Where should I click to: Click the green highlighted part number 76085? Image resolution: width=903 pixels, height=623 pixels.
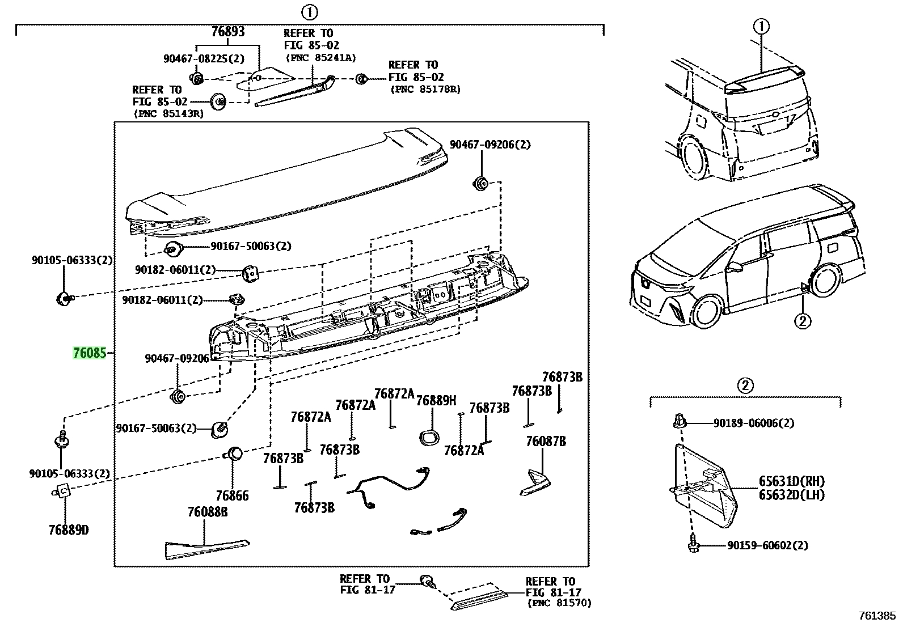pos(90,353)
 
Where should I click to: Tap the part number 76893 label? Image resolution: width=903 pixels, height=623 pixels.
pos(228,31)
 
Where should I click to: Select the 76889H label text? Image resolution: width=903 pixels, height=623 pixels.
pos(436,401)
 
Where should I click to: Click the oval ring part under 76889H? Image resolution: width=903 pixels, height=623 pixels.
pos(429,438)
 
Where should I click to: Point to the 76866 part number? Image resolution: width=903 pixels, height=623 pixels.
pos(232,495)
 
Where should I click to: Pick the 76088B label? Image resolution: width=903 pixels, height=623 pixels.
pos(208,512)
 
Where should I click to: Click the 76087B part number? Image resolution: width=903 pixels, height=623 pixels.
pos(546,441)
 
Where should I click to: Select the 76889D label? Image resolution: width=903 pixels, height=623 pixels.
pos(69,530)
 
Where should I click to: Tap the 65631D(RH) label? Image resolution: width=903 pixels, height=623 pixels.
pos(792,481)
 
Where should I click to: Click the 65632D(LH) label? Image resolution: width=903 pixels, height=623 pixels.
pos(792,494)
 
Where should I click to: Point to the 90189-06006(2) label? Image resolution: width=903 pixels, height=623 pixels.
pos(754,423)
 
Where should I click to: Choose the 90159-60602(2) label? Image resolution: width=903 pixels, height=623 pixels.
pos(767,545)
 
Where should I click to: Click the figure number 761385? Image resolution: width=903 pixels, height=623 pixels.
pos(877,616)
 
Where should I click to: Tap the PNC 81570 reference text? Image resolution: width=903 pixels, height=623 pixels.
pos(559,603)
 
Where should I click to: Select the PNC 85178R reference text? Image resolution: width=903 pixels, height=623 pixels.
pos(425,89)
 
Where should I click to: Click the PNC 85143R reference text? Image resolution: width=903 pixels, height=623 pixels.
pos(169,113)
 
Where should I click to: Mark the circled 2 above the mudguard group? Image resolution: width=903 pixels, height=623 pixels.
pos(745,385)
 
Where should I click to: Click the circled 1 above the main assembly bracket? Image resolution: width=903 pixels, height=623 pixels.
pos(309,12)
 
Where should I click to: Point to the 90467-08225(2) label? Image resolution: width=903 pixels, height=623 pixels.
pos(204,59)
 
